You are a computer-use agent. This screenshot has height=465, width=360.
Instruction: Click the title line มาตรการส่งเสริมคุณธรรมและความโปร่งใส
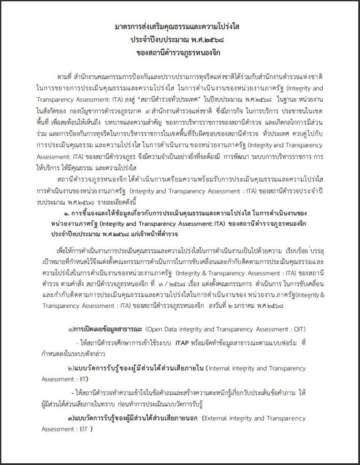pyautogui.click(x=180, y=27)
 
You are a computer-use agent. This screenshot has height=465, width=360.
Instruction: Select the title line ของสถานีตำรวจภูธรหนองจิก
pyautogui.click(x=180, y=52)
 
